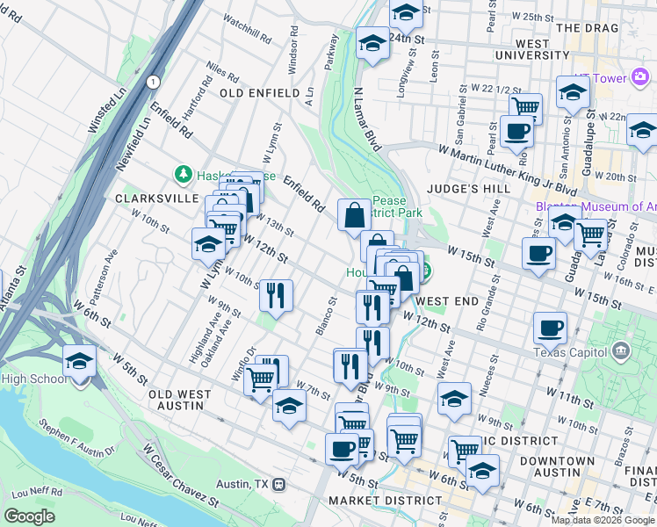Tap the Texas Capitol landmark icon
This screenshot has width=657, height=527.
pos(622,351)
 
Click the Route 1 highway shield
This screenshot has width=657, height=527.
pos(154,82)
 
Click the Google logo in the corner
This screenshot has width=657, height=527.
pos(29,516)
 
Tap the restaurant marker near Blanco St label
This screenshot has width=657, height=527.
pos(276,295)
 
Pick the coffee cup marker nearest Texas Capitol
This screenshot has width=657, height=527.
pos(550,328)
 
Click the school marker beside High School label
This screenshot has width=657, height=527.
pos(79,361)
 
